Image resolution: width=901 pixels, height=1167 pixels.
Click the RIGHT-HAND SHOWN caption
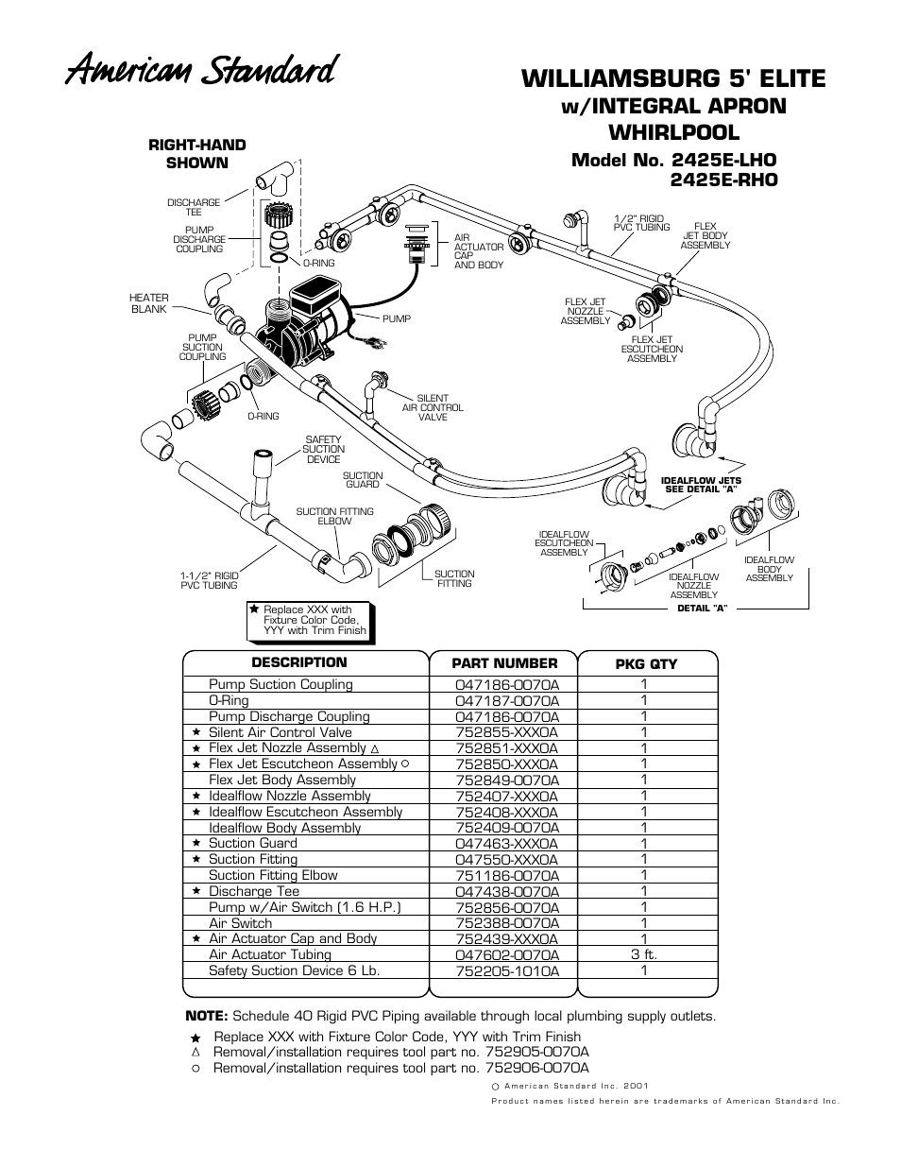click(x=197, y=154)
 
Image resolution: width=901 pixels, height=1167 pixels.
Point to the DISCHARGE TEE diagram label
click(x=194, y=207)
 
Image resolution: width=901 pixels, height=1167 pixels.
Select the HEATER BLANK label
click(x=149, y=303)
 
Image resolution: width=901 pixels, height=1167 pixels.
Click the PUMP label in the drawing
click(x=397, y=318)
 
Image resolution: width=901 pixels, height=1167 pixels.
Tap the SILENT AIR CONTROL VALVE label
click(x=433, y=407)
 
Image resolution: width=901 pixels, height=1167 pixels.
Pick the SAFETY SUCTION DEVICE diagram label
click(x=324, y=450)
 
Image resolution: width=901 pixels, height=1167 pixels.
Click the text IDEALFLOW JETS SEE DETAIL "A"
click(x=702, y=485)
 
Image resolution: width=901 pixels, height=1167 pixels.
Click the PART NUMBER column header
click(x=504, y=663)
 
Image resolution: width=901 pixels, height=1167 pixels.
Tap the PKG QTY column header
click(x=646, y=664)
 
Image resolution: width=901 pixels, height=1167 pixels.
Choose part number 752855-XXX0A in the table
click(x=506, y=732)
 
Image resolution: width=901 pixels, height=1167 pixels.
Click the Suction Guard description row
click(x=253, y=843)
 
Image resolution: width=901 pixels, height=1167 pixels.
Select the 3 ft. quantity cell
click(x=644, y=954)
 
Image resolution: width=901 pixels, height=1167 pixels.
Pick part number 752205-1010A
click(x=506, y=970)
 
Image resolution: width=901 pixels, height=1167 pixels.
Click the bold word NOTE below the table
click(x=206, y=1017)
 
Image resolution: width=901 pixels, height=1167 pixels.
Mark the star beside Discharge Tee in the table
click(x=196, y=891)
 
